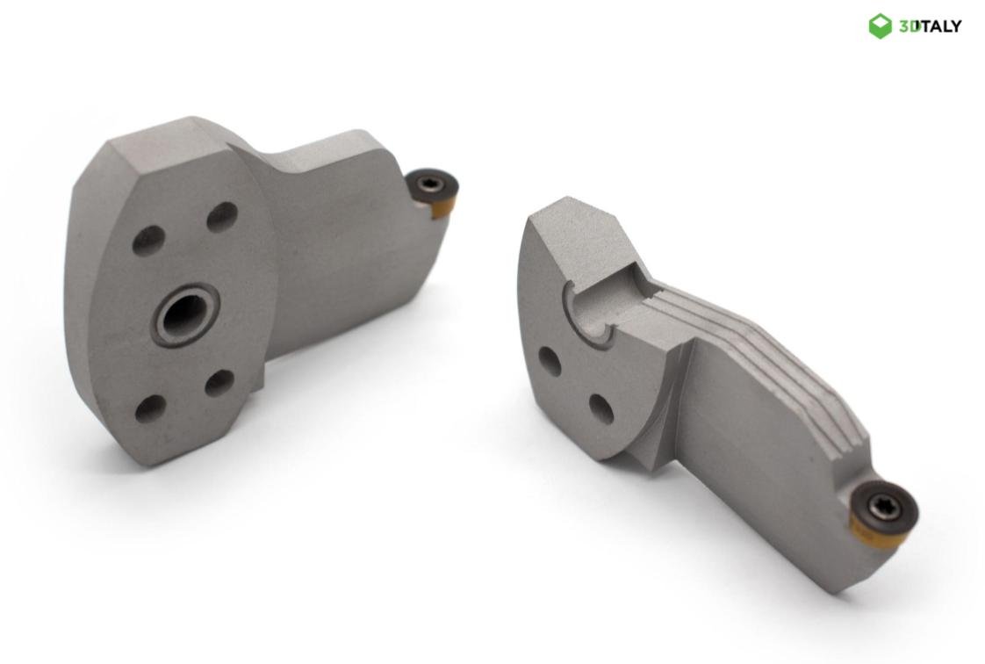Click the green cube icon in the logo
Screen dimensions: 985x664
tap(880, 25)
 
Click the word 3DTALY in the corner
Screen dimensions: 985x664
tap(930, 26)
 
